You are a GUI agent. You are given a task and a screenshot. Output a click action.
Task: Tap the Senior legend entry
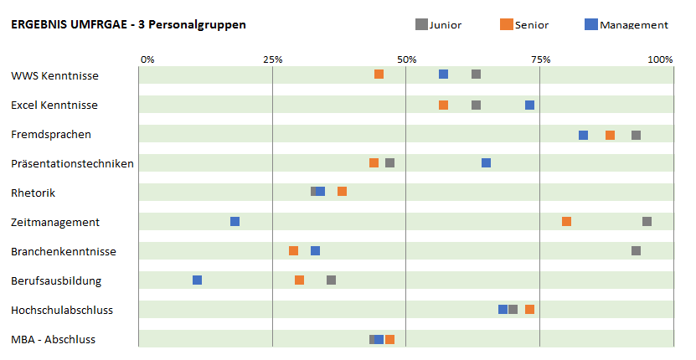525,24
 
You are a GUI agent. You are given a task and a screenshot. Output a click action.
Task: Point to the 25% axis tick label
272,59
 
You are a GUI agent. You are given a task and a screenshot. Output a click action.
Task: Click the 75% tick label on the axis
540,59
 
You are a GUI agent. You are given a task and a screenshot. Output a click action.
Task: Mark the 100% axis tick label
660,59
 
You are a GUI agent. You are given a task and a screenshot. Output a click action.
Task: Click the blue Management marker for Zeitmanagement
235,221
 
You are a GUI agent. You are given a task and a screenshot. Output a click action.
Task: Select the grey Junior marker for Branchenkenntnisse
637,251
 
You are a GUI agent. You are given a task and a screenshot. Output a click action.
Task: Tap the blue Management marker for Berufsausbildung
198,280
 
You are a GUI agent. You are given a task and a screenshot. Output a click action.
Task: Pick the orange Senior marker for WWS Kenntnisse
379,75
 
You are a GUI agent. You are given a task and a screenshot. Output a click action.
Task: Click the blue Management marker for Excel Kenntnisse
530,105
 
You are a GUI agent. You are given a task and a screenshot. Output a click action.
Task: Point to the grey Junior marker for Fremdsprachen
637,136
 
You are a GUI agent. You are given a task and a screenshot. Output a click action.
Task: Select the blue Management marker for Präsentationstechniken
487,162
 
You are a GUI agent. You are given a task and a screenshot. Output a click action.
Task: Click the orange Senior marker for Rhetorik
343,192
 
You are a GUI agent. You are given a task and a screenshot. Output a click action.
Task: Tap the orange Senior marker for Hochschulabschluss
530,310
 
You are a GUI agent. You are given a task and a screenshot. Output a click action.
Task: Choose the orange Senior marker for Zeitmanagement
567,221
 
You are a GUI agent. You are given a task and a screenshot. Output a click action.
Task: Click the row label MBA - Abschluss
53,339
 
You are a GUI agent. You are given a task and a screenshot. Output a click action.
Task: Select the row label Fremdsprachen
51,134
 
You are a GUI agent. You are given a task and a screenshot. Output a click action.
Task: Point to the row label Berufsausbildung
56,280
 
